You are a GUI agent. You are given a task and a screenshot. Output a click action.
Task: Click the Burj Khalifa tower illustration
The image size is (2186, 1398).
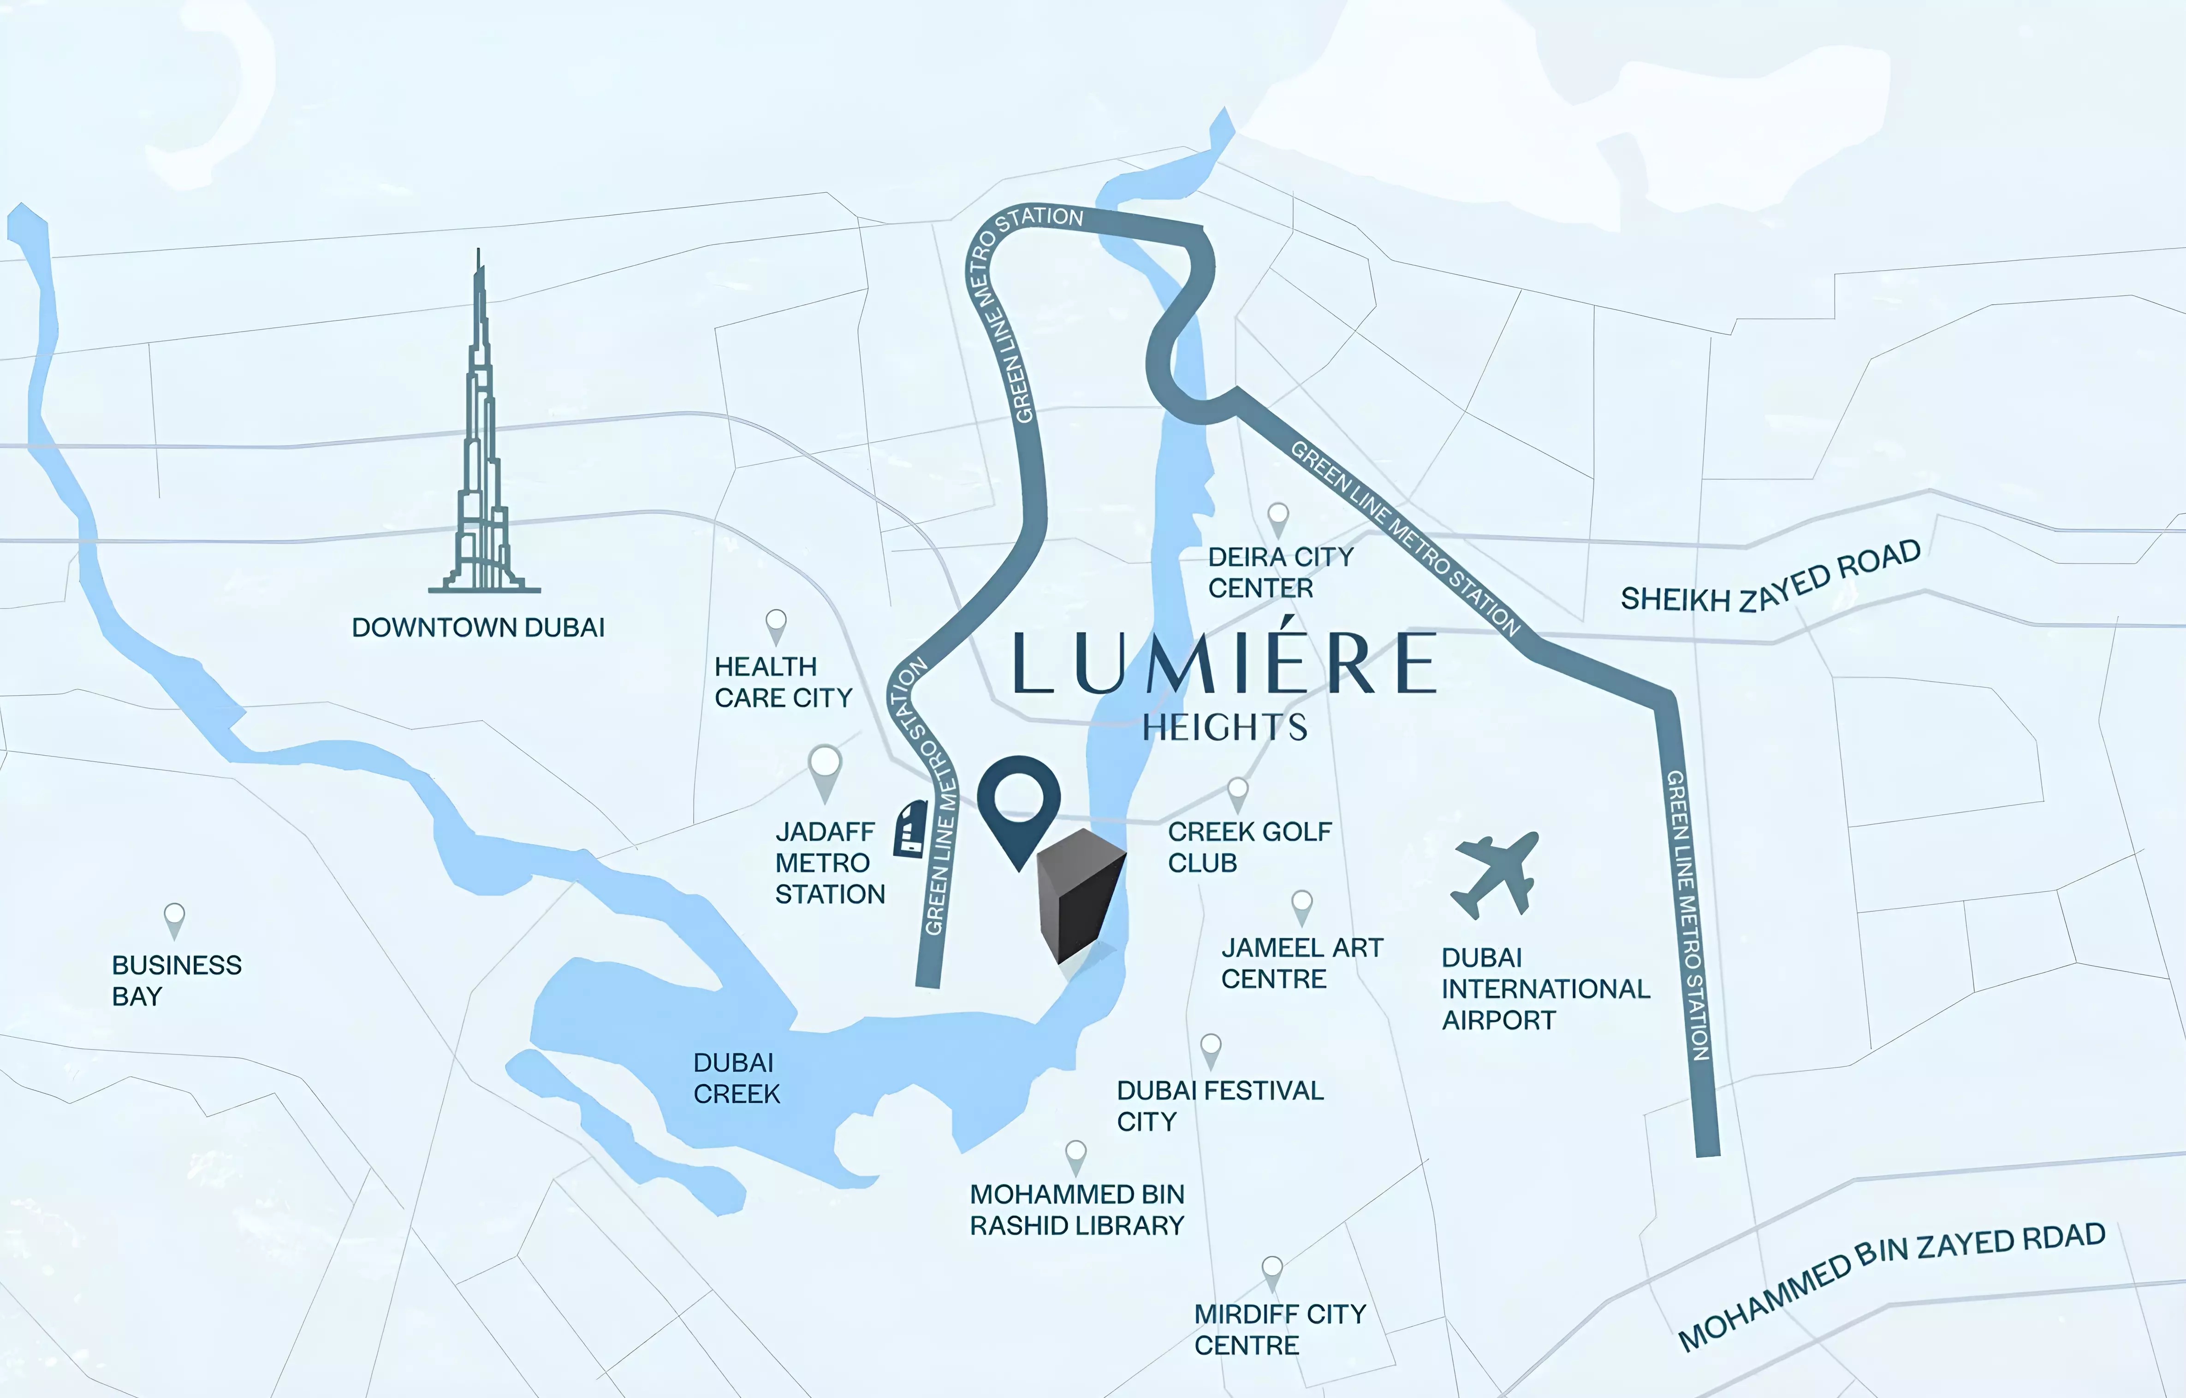[481, 454]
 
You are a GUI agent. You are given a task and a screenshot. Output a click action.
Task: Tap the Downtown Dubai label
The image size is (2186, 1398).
[477, 627]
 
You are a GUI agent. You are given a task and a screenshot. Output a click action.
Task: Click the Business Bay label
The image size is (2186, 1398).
[176, 980]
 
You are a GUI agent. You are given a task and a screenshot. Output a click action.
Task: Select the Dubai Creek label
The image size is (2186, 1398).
[735, 1078]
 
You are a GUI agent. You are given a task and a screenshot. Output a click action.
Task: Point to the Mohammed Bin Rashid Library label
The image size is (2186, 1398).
[1077, 1210]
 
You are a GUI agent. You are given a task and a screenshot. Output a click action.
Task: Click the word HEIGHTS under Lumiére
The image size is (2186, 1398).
[1224, 727]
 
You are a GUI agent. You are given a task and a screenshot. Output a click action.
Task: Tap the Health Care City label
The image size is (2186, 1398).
[783, 682]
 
